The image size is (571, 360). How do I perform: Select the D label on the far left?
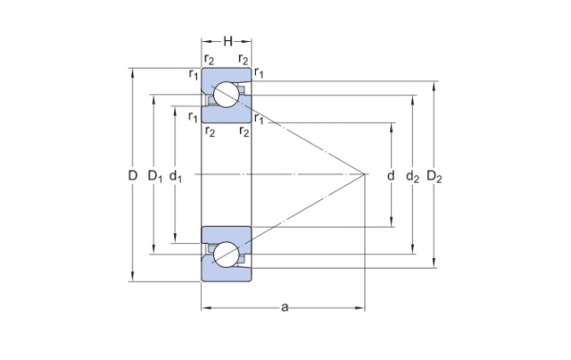coord(133,176)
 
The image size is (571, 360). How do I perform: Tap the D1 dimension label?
coord(155,176)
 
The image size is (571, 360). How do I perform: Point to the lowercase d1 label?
coord(178,176)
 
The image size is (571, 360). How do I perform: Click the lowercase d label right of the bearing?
coord(391,176)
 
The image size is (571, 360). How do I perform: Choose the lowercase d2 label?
coord(412,176)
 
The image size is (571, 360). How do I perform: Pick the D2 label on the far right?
coord(435,176)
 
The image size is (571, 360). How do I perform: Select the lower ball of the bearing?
coord(226,255)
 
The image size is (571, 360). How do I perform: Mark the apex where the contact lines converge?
coord(366,174)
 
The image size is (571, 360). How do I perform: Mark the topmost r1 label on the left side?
coord(193,75)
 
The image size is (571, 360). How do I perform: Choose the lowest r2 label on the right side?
coord(246,131)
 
